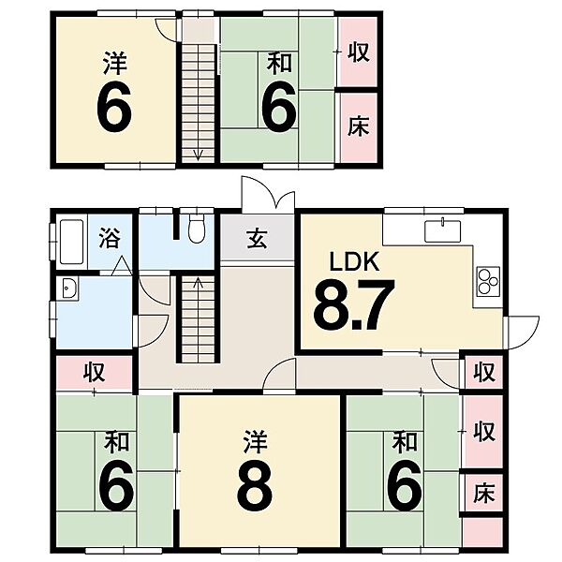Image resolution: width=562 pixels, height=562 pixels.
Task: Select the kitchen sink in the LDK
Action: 437,229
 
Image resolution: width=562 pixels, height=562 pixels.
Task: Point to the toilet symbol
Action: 196,228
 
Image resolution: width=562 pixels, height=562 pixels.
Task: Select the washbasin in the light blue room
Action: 67,290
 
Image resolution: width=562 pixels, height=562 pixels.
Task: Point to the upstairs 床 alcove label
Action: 358,127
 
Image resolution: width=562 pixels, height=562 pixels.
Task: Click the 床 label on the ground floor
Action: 483,490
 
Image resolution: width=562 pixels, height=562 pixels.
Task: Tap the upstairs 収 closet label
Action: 358,52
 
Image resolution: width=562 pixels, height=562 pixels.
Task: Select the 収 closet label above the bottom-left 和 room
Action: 95,373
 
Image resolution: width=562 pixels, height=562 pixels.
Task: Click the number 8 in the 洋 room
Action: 256,484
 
